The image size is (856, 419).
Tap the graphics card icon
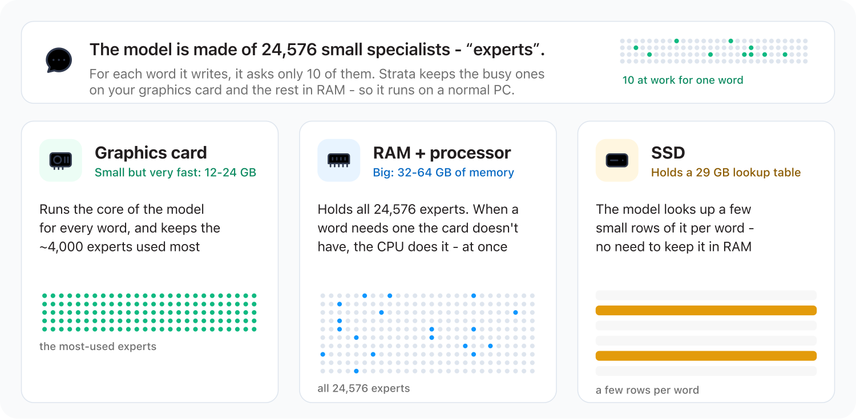pos(60,160)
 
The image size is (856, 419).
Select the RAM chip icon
pos(338,160)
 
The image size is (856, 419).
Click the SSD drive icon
pos(617,160)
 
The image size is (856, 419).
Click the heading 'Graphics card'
pos(151,153)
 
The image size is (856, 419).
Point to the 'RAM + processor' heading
pos(442,153)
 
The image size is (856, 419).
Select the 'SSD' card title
pos(668,153)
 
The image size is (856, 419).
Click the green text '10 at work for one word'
pos(683,80)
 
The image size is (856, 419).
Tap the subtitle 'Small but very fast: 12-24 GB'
pos(175,173)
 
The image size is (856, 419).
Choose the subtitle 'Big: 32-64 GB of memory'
pos(443,173)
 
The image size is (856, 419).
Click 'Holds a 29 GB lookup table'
pos(726,173)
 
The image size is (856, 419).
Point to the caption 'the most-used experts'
pos(98,346)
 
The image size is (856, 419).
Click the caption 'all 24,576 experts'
pos(364,388)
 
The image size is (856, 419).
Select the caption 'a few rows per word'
pos(647,390)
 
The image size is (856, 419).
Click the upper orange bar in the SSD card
pos(706,311)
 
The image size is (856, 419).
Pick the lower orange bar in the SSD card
pos(706,356)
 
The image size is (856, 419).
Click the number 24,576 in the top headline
pos(289,50)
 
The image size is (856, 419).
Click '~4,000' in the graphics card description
pos(61,247)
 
